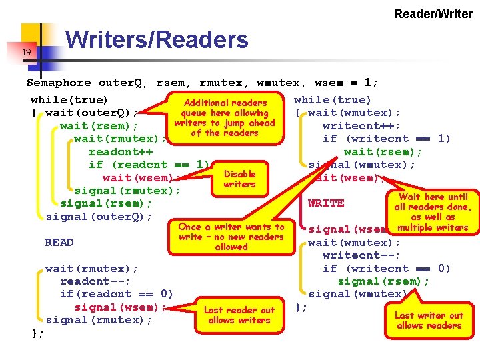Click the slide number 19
click(26, 52)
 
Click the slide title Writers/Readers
click(157, 40)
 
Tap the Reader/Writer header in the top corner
click(433, 13)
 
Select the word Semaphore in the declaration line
click(59, 83)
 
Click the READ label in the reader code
click(59, 243)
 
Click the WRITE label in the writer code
click(326, 203)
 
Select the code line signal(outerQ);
click(99, 217)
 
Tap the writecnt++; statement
click(361, 126)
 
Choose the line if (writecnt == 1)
click(386, 139)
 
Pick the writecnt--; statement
click(361, 255)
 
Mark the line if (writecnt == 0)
click(386, 269)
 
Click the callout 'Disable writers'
click(239, 179)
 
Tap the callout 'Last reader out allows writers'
click(239, 315)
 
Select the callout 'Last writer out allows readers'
click(429, 321)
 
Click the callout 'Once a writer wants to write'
click(231, 237)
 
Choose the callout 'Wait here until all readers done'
click(433, 212)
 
